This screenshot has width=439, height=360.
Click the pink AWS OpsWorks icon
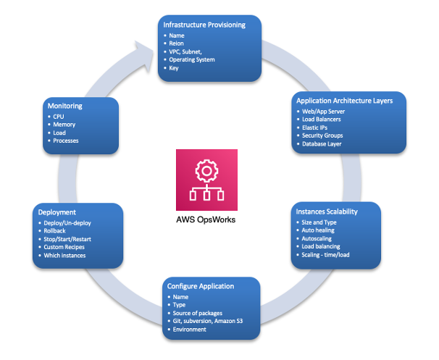(206, 177)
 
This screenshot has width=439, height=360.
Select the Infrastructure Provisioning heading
(204, 25)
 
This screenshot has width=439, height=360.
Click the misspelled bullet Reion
(177, 43)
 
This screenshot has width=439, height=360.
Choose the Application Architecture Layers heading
(345, 101)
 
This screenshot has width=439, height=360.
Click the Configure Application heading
(201, 286)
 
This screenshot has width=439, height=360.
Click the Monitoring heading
(64, 106)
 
